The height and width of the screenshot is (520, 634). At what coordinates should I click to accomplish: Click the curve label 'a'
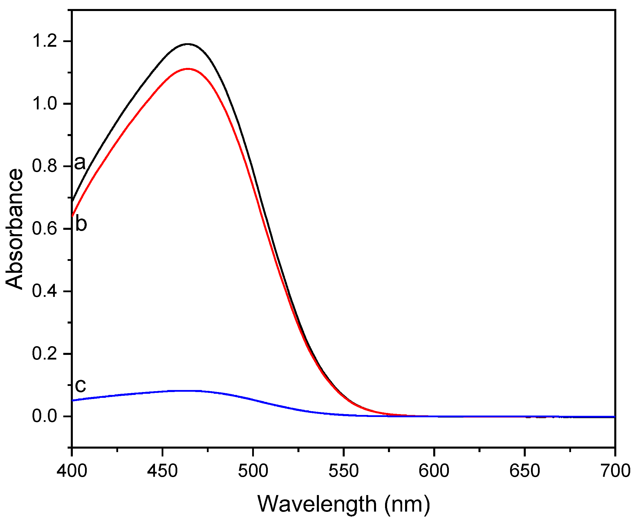(x=80, y=164)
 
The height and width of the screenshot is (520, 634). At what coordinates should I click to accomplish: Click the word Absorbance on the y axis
(x=15, y=229)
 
